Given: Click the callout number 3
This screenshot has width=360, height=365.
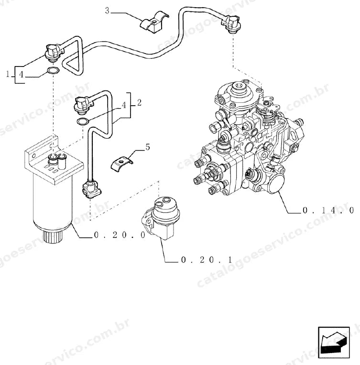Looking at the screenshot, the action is coord(107,11).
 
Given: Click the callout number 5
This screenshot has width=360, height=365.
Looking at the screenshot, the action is coord(148,147).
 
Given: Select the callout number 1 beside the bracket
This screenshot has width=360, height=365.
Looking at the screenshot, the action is coord(8,74).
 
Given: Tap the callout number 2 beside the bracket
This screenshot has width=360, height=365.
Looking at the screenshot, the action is coord(139,102).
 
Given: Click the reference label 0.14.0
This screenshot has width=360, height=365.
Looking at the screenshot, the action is coord(328,210).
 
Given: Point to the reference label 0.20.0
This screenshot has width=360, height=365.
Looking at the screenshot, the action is coord(120,235).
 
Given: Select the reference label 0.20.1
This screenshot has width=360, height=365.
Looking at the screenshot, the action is coord(207,260).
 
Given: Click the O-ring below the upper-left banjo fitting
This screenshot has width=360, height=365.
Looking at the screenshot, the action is coord(53,70).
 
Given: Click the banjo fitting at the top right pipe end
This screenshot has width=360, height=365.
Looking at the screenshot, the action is coord(231,23).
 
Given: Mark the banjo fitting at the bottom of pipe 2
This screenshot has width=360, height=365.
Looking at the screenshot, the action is coord(92,189).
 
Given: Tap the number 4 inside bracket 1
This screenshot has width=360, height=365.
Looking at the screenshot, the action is coord(21,75).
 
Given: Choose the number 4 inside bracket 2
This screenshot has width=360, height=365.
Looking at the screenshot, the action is coord(124,105).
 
